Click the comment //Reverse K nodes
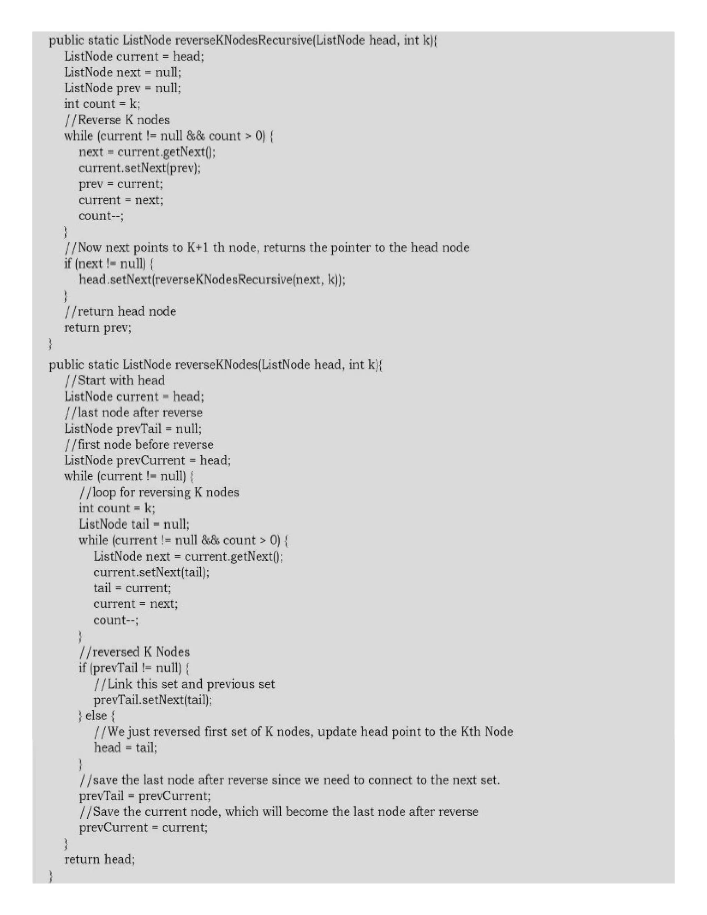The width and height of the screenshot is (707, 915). (x=117, y=120)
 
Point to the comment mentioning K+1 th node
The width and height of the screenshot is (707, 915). (x=267, y=248)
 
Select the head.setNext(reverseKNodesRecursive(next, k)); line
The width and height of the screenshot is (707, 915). (x=212, y=279)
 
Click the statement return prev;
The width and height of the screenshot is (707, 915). (x=98, y=328)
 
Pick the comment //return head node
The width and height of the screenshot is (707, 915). (x=120, y=311)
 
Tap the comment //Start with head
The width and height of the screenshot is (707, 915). (x=114, y=381)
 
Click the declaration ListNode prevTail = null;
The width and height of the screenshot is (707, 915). (x=133, y=428)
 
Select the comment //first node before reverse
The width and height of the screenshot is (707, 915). (x=139, y=444)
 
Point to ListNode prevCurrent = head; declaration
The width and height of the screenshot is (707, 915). (x=147, y=460)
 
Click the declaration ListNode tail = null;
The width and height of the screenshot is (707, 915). (x=134, y=524)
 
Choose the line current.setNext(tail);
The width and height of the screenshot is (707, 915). (x=151, y=572)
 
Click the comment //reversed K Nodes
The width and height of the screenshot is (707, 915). (x=134, y=652)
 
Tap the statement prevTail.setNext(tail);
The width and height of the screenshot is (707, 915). (x=153, y=700)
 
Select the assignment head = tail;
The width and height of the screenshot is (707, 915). (x=125, y=748)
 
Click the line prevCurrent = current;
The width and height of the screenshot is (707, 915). (x=143, y=827)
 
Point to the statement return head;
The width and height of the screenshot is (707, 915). (x=100, y=860)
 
